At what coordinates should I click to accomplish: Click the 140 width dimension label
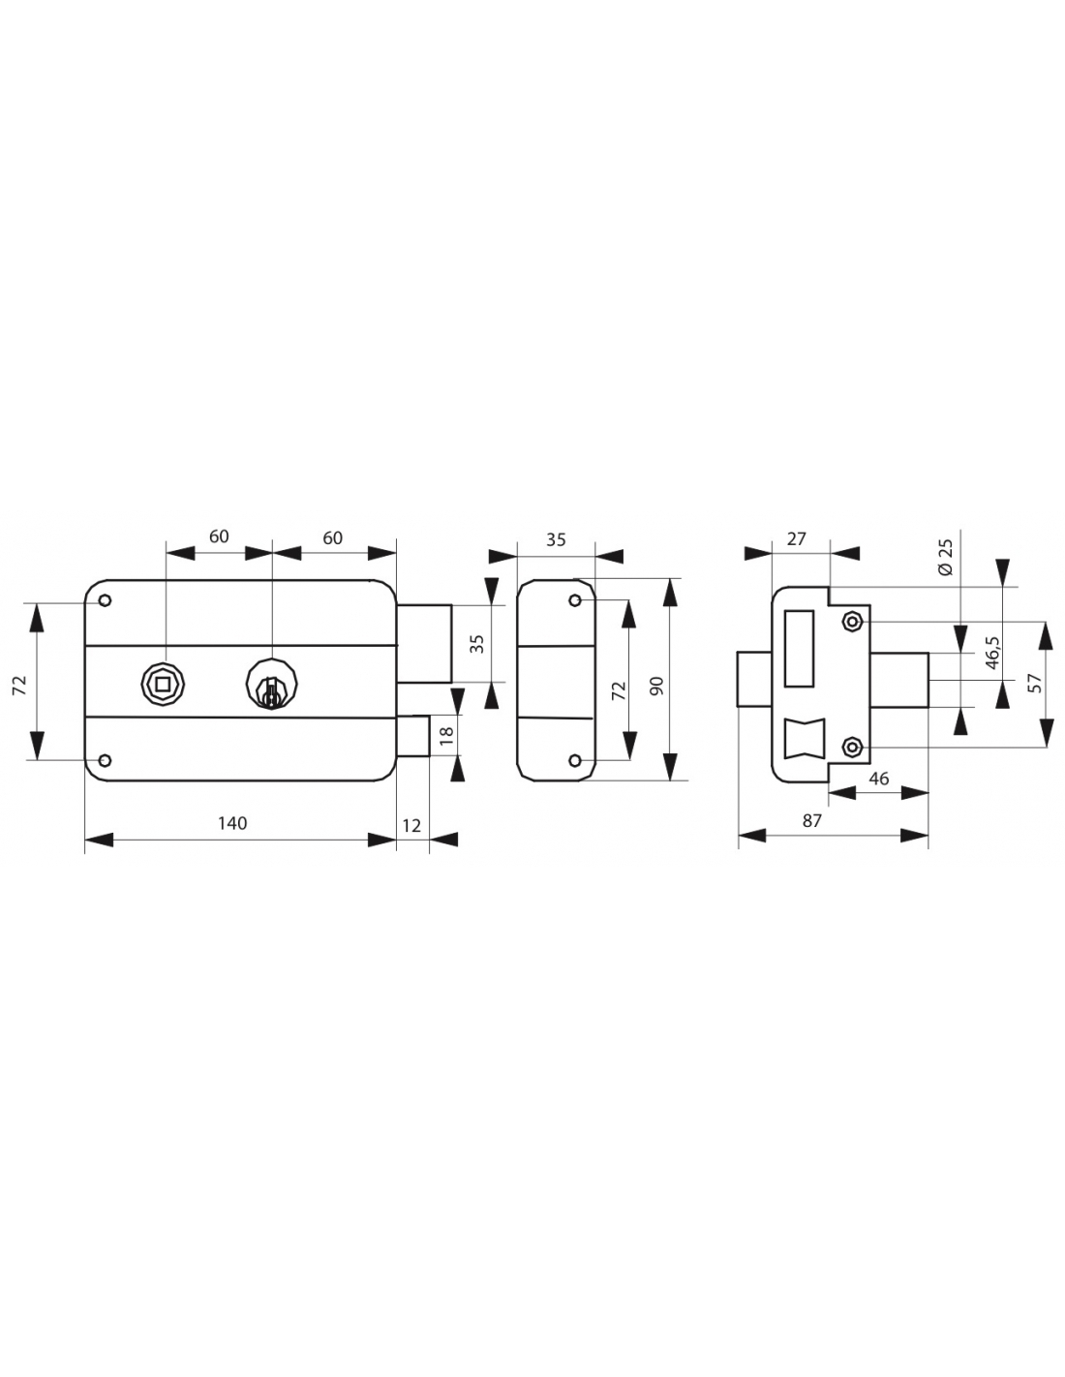coord(232,823)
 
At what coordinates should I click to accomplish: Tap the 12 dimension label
coord(411,826)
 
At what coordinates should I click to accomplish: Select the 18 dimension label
coord(446,734)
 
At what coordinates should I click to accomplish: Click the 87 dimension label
coord(811,821)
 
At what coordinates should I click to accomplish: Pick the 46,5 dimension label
coord(992,653)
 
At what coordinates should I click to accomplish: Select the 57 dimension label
coord(1037,683)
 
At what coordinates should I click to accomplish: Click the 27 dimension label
coord(797,538)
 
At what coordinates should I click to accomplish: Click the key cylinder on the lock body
coord(271,684)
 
